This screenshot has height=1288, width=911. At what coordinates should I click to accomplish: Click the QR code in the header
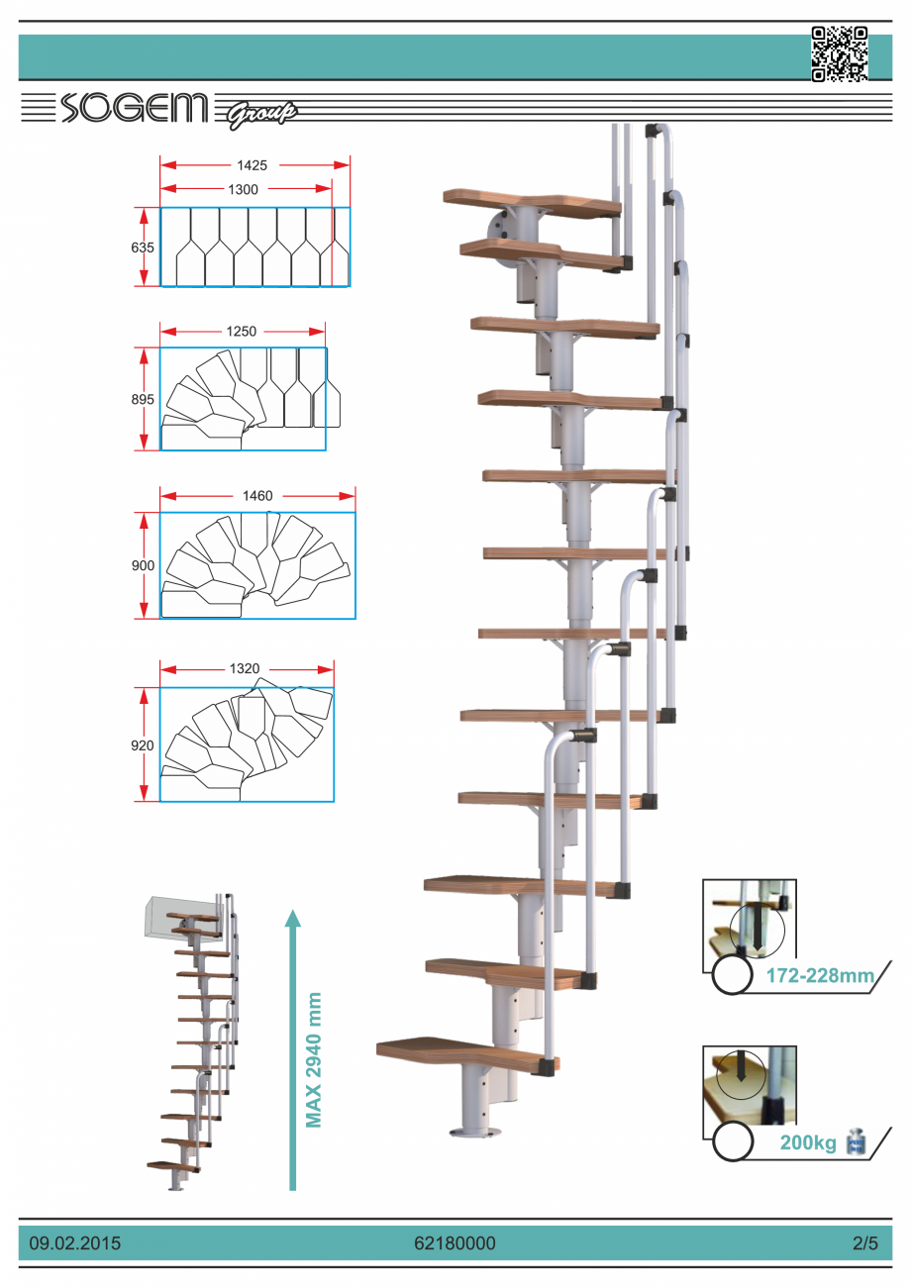tap(839, 53)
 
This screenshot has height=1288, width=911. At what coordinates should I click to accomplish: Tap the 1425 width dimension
tap(252, 165)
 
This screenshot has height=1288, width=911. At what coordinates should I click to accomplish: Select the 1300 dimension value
tap(242, 188)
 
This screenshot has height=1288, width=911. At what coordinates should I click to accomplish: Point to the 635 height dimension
tap(143, 248)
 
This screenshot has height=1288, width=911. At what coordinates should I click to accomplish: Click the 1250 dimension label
tap(241, 332)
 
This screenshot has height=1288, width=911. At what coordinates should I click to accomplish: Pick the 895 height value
tap(143, 399)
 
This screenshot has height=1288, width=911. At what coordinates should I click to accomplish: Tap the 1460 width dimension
tap(257, 495)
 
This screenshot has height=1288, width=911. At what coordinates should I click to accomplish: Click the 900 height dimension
tap(143, 565)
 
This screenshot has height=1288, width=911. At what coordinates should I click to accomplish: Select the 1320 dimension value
tap(245, 669)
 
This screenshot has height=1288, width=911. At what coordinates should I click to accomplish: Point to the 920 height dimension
tap(143, 744)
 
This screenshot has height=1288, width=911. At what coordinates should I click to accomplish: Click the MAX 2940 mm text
tap(315, 1059)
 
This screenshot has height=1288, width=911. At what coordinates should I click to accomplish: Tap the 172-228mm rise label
tap(821, 976)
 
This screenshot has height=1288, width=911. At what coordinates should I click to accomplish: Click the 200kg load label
tap(808, 1143)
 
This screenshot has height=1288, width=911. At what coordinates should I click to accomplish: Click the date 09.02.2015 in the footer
tap(75, 1242)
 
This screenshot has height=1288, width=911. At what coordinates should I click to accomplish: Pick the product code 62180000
tap(455, 1242)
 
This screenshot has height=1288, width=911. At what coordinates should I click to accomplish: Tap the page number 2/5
tap(864, 1242)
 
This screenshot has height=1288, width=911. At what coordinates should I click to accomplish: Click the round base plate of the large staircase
tap(476, 1132)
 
